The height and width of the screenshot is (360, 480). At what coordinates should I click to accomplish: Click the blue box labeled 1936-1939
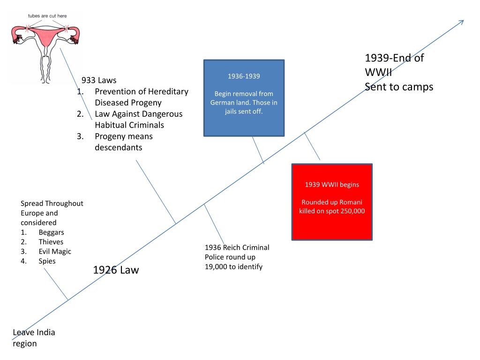pos(244,98)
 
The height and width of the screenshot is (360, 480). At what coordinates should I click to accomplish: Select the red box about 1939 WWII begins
pos(332,202)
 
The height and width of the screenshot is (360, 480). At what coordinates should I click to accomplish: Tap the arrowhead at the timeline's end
pos(461,22)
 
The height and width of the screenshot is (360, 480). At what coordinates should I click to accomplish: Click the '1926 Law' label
pos(116,270)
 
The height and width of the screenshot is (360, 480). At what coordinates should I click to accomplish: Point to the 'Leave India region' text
pos(34,338)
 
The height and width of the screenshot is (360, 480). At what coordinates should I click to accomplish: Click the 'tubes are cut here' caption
pos(47,16)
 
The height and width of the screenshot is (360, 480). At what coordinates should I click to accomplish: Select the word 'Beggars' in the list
pos(52,232)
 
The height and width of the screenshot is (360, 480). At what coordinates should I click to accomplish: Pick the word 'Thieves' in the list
pos(51,242)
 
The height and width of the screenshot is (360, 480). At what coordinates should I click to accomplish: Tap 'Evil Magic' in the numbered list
pos(55,251)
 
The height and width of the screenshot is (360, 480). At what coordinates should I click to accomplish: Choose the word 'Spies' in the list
pos(47,261)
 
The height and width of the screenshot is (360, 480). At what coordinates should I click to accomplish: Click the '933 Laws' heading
pos(99,80)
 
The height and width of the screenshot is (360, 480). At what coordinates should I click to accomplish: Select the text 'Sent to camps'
pos(399,87)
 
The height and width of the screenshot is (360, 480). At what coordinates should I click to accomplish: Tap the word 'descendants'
pos(118,147)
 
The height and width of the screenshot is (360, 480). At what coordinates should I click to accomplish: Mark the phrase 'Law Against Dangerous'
pos(138,114)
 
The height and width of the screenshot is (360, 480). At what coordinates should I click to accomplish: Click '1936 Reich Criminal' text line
pos(237,247)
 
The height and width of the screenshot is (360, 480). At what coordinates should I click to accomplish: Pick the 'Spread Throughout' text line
pos(52,203)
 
